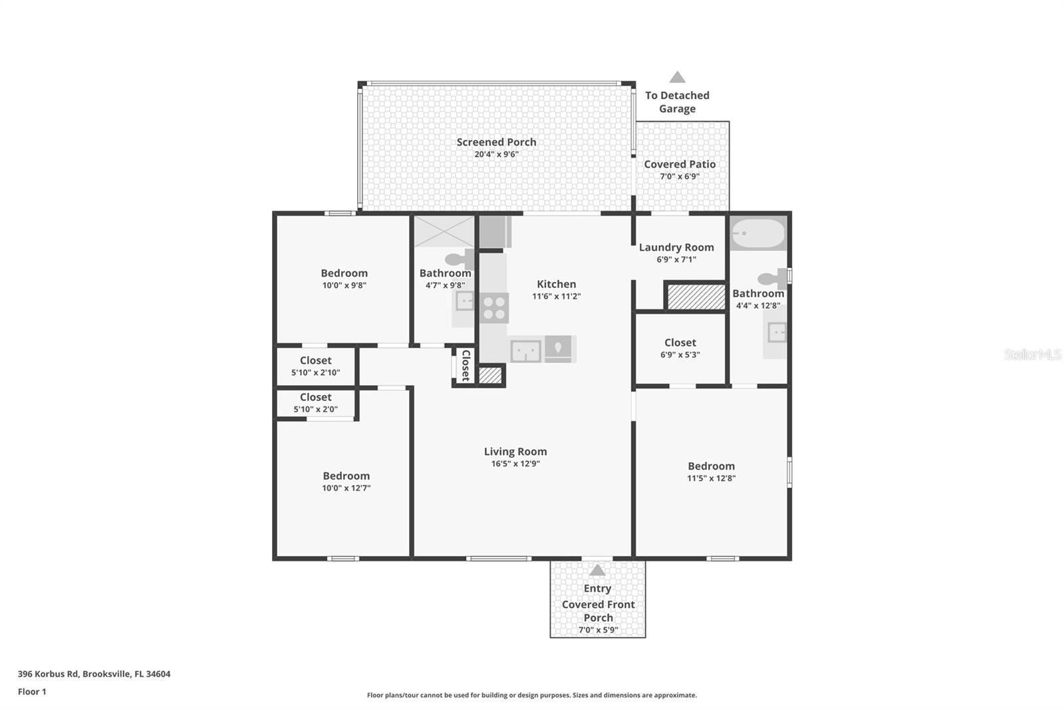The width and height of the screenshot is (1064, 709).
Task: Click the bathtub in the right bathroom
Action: click(x=759, y=234)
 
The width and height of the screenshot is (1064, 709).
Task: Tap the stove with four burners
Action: click(x=494, y=308)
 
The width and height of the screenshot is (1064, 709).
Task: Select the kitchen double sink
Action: click(x=525, y=351)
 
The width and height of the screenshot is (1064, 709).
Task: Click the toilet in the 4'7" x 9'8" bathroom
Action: click(x=458, y=259)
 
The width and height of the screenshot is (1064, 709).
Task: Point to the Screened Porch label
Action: click(x=496, y=142)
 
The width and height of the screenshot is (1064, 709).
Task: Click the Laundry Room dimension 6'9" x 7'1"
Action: click(x=676, y=259)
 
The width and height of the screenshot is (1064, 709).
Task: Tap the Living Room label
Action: click(x=515, y=452)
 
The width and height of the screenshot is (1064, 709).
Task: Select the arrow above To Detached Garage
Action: click(x=677, y=77)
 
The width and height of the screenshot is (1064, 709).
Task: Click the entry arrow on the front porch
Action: click(x=597, y=570)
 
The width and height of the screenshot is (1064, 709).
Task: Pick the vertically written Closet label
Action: click(x=465, y=365)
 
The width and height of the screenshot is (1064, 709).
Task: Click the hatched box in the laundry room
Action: click(x=696, y=297)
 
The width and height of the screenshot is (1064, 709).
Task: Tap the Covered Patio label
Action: click(x=680, y=164)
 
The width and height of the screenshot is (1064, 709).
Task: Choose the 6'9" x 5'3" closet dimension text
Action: click(x=680, y=354)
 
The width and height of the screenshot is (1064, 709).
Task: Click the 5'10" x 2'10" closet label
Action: click(x=315, y=360)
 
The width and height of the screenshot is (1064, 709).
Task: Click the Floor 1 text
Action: click(x=32, y=692)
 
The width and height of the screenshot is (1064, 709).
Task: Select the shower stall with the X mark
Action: click(x=444, y=231)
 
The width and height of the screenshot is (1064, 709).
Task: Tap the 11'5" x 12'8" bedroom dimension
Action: click(x=711, y=478)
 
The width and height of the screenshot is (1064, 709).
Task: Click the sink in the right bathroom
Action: click(x=776, y=332)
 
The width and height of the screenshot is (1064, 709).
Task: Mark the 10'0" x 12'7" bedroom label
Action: click(x=346, y=476)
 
